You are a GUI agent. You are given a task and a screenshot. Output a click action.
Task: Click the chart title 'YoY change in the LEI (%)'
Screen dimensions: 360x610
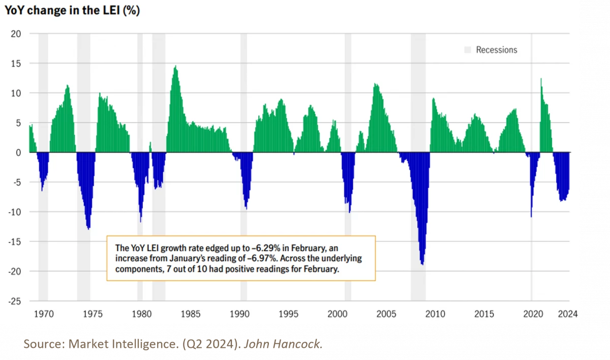tap(72, 10)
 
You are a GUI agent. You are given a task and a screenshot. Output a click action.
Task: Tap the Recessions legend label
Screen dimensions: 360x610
tap(496, 50)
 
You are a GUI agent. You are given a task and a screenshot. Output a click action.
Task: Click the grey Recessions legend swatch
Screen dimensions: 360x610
tap(468, 50)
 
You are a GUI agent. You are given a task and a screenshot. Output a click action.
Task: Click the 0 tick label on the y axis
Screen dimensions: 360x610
tap(18, 153)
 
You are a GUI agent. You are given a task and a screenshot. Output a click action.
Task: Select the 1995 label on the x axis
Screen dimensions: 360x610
tap(288, 314)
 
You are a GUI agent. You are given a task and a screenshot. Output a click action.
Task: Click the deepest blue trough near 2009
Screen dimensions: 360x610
tap(422, 263)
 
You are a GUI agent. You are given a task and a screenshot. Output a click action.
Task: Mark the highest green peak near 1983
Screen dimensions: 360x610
tap(175, 67)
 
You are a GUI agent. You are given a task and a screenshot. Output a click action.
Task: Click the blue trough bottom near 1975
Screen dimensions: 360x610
tap(89, 228)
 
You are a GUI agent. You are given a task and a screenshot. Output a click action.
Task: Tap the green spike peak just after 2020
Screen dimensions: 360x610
tap(541, 79)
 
